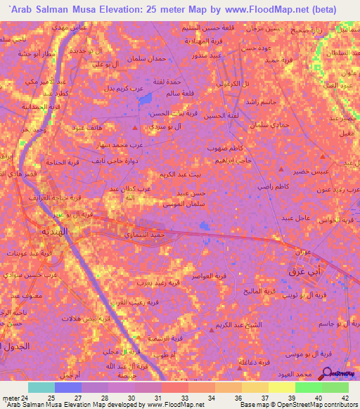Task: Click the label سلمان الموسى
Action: tap(183, 203)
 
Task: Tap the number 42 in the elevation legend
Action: tap(345, 398)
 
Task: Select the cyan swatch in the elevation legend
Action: tap(41, 387)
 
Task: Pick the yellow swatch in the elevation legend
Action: tap(281, 387)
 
